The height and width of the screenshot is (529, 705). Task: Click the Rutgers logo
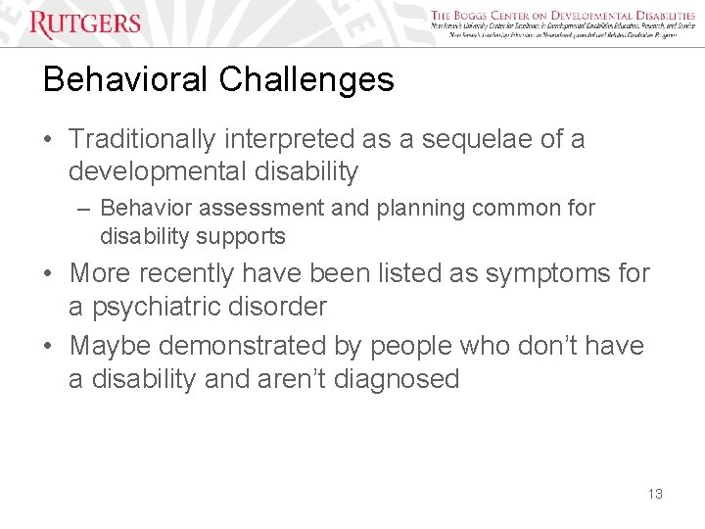85,24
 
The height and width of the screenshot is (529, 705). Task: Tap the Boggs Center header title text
563,16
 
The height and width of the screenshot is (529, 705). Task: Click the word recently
193,273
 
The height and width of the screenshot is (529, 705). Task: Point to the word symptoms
535,273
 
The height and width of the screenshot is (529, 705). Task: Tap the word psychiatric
153,307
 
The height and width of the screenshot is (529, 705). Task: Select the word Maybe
110,346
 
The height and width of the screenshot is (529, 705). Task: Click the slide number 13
655,494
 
